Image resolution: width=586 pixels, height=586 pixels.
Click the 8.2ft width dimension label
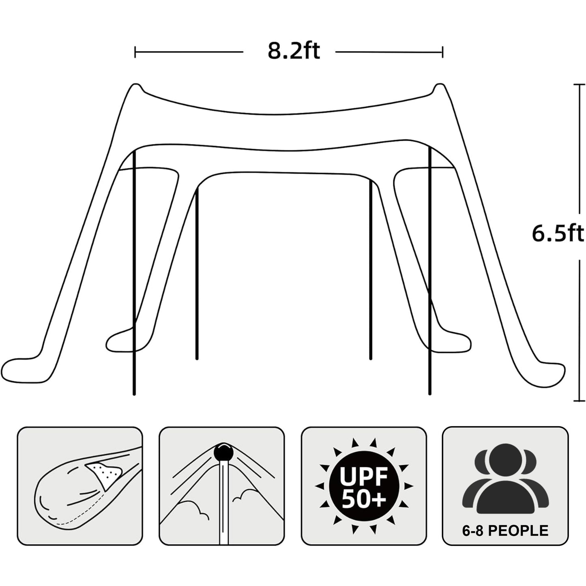point(294,51)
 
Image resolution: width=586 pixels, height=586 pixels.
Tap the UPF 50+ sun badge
point(363,486)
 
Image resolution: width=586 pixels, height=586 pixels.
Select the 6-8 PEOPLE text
point(505,530)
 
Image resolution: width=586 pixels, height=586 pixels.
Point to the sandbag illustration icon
point(79,487)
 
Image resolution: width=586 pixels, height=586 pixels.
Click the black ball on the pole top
point(222,451)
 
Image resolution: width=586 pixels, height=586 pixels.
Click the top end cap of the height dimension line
point(579,84)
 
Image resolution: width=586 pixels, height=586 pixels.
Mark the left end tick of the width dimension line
point(135,52)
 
